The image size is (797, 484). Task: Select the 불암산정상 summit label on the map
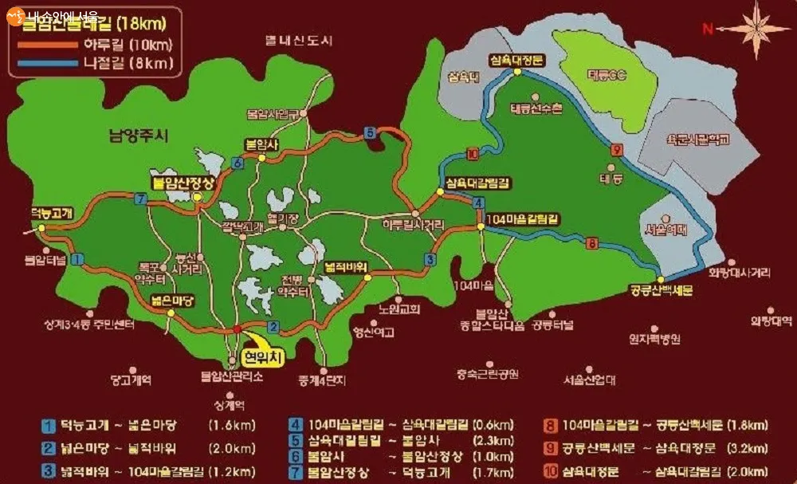(183, 182)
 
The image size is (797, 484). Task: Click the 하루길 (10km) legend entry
(132, 45)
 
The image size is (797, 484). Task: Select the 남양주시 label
(139, 136)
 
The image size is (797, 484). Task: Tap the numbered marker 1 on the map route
(77, 259)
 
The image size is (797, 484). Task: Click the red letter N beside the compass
(706, 30)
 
